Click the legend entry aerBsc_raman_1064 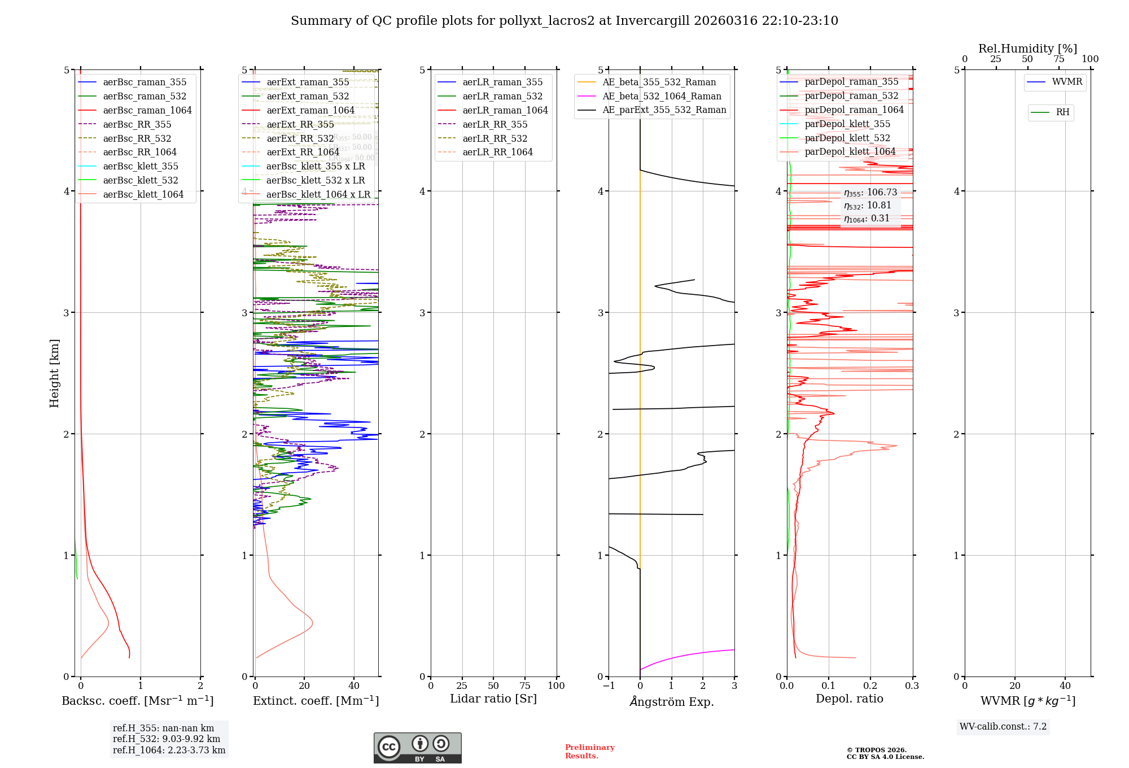(x=147, y=110)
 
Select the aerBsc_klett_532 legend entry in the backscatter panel (x=141, y=180)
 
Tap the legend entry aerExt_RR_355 (x=300, y=124)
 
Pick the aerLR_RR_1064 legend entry (x=497, y=152)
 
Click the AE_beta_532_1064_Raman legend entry (x=662, y=96)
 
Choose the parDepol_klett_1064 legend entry (x=850, y=151)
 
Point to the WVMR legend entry (x=1067, y=82)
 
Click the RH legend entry (x=1062, y=112)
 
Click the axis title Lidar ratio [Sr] (x=493, y=699)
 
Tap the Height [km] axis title (x=54, y=373)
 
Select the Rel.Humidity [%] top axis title (x=1027, y=49)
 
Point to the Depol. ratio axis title (x=850, y=699)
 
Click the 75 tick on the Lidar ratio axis (x=525, y=686)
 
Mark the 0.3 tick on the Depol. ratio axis (x=912, y=686)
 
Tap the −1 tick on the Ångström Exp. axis (x=608, y=686)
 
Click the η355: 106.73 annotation (x=870, y=193)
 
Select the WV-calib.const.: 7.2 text (x=1003, y=726)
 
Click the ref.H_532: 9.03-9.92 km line (x=167, y=739)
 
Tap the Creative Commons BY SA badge (x=417, y=748)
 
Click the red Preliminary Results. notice (x=589, y=751)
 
